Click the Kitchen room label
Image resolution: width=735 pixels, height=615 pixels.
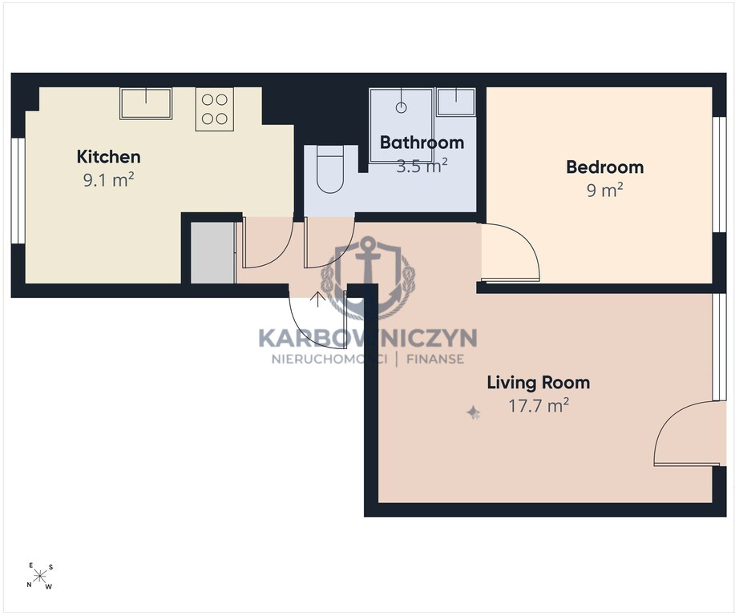pos(108,156)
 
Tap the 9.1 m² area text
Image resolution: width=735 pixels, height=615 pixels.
pos(108,180)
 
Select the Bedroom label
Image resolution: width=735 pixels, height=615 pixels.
pos(604,167)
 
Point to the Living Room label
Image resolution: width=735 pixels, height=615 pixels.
pos(538,383)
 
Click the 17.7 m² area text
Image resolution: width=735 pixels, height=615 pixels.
pos(539,406)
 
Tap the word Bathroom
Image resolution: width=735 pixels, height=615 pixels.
pos(422,143)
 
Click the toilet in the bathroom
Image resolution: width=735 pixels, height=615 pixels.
pos(330,169)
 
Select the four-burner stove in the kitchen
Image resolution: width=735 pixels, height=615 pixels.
pos(215,109)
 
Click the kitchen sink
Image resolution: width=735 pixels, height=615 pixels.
pos(146,103)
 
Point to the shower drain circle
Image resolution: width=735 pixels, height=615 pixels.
pos(401,108)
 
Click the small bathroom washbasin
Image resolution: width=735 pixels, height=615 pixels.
pos(455,102)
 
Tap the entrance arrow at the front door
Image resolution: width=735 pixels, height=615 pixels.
pos(318,299)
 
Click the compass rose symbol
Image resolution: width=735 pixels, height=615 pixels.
pos(40,576)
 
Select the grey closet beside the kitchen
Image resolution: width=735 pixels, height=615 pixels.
pos(212,253)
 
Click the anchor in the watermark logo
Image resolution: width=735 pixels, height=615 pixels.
pos(368,276)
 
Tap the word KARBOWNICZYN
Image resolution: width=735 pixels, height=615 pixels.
pos(368,338)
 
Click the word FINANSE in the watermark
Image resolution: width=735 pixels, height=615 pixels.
pos(435,360)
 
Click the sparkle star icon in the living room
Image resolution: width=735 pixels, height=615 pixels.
pos(473,412)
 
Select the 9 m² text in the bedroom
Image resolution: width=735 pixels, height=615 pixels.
pos(604,190)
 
